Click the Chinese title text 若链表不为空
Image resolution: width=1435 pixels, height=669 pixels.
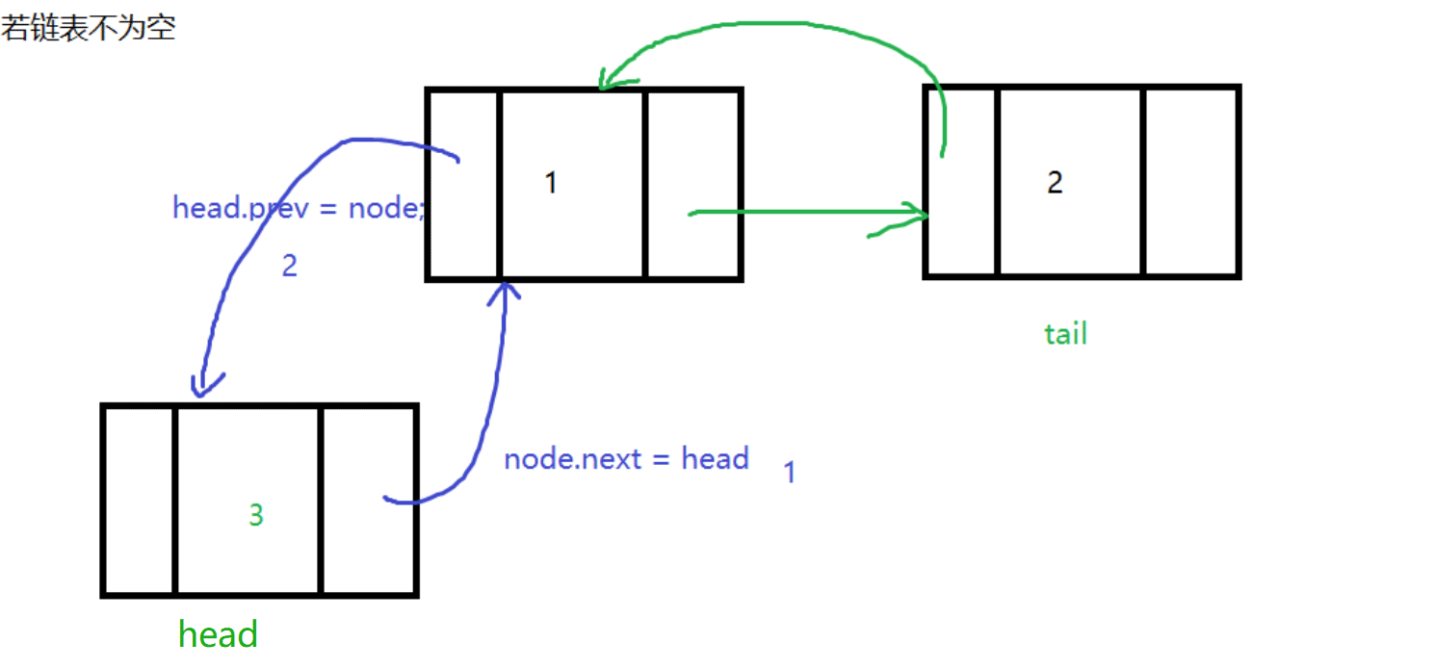click(88, 27)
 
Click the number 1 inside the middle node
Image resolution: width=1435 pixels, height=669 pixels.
click(551, 182)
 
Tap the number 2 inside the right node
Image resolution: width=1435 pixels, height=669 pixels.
click(1056, 182)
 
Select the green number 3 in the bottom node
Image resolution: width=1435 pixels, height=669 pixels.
click(255, 516)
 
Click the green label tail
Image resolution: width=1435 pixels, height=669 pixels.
click(1065, 334)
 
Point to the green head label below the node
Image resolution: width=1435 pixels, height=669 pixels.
click(219, 634)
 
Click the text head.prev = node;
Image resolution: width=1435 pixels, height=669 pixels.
click(299, 208)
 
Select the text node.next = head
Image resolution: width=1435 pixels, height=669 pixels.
click(626, 458)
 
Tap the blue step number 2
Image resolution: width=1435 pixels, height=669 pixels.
click(289, 266)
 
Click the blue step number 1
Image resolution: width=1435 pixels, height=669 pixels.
click(789, 473)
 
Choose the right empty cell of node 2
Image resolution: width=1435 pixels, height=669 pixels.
click(1190, 182)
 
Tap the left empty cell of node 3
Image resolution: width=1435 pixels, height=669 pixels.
click(139, 501)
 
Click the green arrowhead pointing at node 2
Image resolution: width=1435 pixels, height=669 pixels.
click(915, 215)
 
